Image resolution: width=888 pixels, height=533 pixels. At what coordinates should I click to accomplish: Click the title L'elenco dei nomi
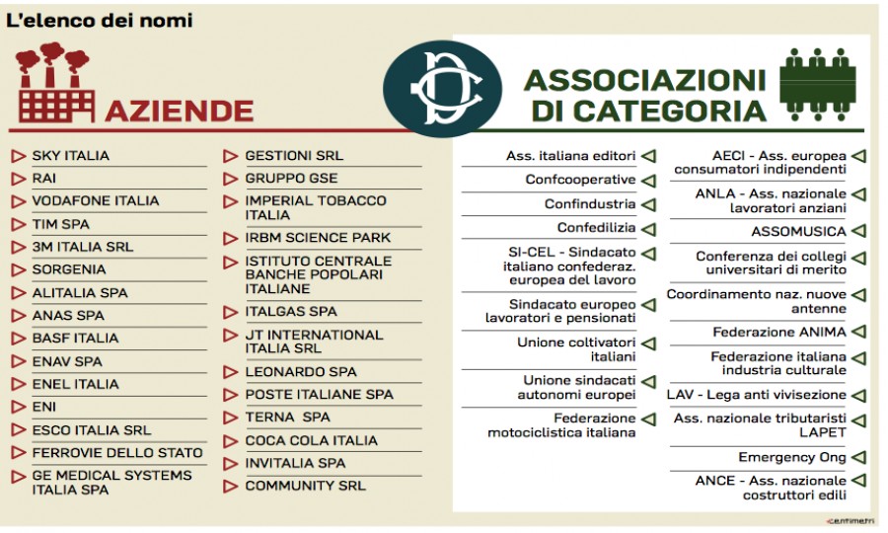[x=100, y=20]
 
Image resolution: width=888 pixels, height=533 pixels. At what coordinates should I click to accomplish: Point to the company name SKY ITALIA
[x=71, y=156]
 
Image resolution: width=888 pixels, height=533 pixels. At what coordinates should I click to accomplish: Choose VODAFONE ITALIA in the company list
[x=95, y=201]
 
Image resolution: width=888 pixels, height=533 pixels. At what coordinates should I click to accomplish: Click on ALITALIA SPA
[x=80, y=292]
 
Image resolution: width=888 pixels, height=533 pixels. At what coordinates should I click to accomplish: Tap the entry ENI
[x=44, y=407]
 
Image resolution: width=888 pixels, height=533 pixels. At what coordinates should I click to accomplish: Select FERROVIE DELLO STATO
[x=117, y=453]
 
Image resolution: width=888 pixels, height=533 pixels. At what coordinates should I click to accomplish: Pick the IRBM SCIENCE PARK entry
[x=318, y=238]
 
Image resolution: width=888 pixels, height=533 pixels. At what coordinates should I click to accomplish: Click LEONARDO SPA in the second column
[x=301, y=372]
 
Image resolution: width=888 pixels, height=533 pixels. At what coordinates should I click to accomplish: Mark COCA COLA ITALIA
[x=311, y=440]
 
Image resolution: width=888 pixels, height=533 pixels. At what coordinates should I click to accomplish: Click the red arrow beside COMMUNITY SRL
[x=231, y=486]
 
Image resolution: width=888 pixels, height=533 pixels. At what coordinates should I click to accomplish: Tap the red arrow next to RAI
[x=19, y=179]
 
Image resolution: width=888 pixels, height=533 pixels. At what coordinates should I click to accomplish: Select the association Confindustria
[x=590, y=204]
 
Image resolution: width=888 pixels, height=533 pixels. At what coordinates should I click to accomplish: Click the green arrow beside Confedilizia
[x=649, y=228]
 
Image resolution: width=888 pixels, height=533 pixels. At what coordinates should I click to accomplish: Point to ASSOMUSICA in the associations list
[x=798, y=232]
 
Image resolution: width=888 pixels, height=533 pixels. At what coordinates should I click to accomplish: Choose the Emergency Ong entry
[x=792, y=458]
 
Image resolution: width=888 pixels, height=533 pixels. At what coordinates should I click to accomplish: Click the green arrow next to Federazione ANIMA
[x=858, y=333]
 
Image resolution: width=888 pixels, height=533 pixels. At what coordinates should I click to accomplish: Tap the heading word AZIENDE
[x=180, y=110]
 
